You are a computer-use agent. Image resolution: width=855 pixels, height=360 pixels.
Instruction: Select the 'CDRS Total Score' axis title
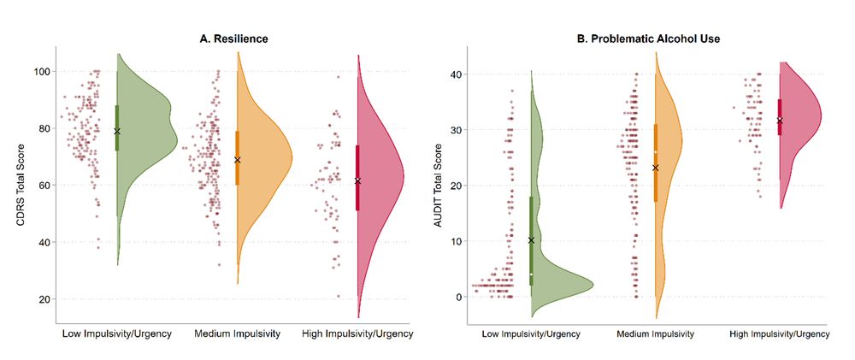tap(20, 185)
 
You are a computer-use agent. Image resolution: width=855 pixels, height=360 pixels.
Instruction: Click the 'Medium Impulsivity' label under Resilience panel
tap(238, 333)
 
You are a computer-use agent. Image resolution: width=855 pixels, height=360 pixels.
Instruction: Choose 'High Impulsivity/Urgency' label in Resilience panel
tap(357, 333)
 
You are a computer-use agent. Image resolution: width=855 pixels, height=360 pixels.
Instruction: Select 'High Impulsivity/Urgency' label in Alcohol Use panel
tap(779, 333)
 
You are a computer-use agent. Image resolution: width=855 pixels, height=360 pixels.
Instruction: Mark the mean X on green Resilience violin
tap(117, 131)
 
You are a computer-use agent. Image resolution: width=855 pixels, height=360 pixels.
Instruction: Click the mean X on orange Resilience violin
tap(238, 160)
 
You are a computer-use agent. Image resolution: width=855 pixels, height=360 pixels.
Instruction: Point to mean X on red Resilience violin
tap(357, 180)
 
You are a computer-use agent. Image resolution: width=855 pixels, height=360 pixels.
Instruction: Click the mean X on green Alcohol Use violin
tap(531, 240)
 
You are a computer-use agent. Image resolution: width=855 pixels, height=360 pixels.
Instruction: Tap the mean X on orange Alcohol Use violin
tap(656, 168)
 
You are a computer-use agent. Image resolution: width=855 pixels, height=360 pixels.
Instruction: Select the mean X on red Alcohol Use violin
tap(779, 121)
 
